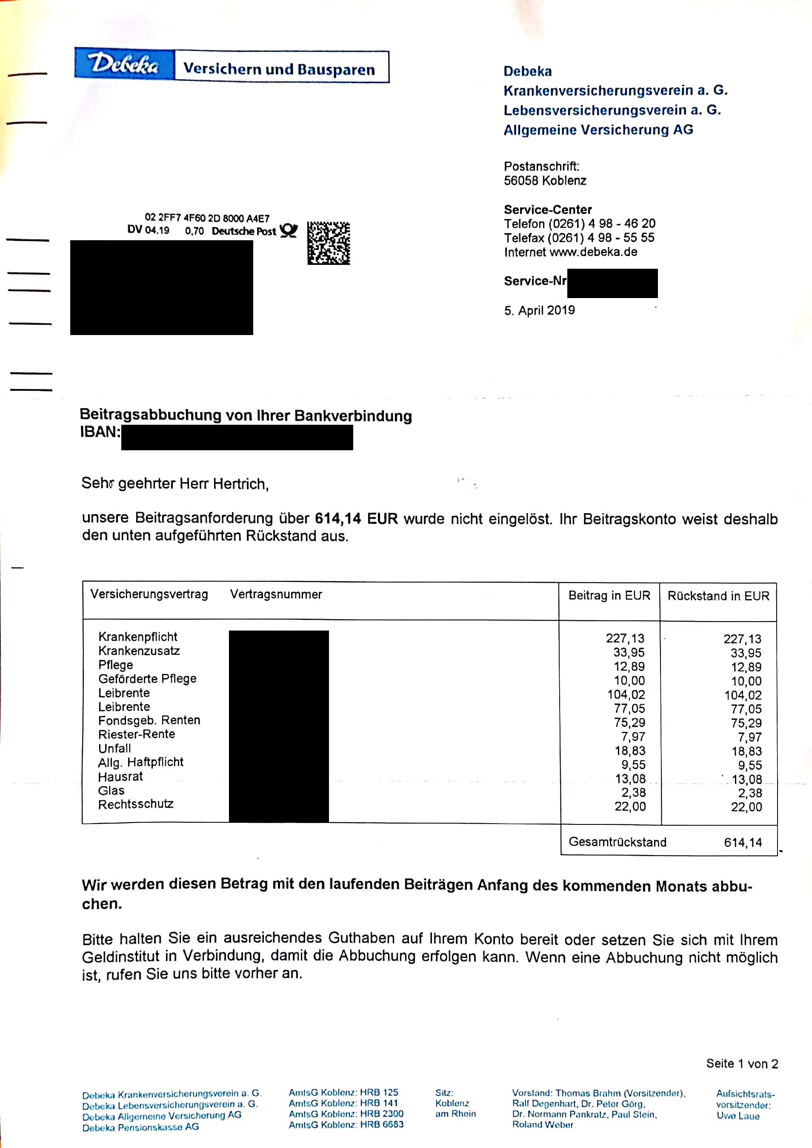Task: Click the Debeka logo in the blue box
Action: tap(124, 64)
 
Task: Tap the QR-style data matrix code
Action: tap(328, 243)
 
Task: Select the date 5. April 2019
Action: tap(539, 310)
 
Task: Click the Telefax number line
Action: tap(579, 238)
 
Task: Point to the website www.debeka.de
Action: tap(593, 252)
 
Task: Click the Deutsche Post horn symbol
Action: tap(289, 230)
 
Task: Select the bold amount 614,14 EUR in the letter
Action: tap(356, 518)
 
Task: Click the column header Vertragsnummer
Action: tap(276, 594)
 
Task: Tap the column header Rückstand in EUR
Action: tap(718, 596)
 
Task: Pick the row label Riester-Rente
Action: tap(137, 734)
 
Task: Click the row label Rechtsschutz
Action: tap(136, 804)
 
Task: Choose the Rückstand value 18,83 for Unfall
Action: tap(746, 751)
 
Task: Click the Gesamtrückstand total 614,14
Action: tap(743, 842)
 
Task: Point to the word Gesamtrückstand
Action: tap(618, 842)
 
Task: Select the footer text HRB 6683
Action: tap(382, 1125)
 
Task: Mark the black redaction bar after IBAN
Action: tap(237, 437)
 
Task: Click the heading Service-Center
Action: tap(548, 210)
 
